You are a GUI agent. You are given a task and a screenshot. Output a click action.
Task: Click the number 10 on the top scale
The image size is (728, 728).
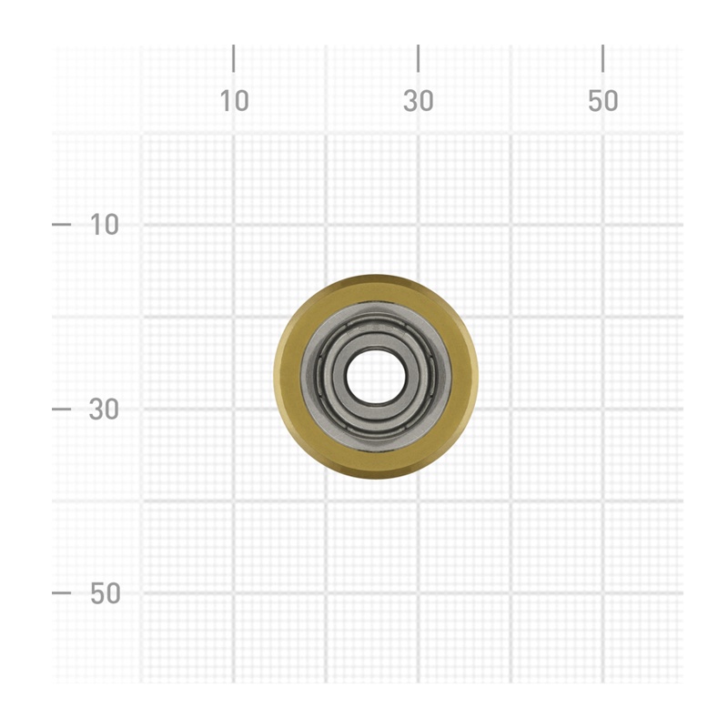pyautogui.click(x=234, y=101)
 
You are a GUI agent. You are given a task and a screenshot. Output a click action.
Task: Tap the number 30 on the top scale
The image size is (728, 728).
pyautogui.click(x=419, y=101)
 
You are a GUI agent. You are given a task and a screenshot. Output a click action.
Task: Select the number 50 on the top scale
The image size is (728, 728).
pyautogui.click(x=603, y=101)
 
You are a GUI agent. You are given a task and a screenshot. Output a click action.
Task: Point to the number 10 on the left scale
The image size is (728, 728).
pyautogui.click(x=104, y=225)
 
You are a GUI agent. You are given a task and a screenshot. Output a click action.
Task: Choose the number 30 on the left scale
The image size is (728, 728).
pyautogui.click(x=104, y=409)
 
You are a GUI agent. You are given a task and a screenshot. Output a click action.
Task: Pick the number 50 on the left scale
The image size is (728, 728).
pyautogui.click(x=105, y=593)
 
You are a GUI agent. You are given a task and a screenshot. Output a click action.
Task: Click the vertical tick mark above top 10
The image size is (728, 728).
pyautogui.click(x=234, y=58)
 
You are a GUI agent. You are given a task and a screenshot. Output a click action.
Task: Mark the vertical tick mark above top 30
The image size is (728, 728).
pyautogui.click(x=419, y=58)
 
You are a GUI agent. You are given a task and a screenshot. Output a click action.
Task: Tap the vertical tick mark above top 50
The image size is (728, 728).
pyautogui.click(x=602, y=58)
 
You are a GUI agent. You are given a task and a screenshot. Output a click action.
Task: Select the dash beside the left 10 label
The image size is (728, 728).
pyautogui.click(x=61, y=225)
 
